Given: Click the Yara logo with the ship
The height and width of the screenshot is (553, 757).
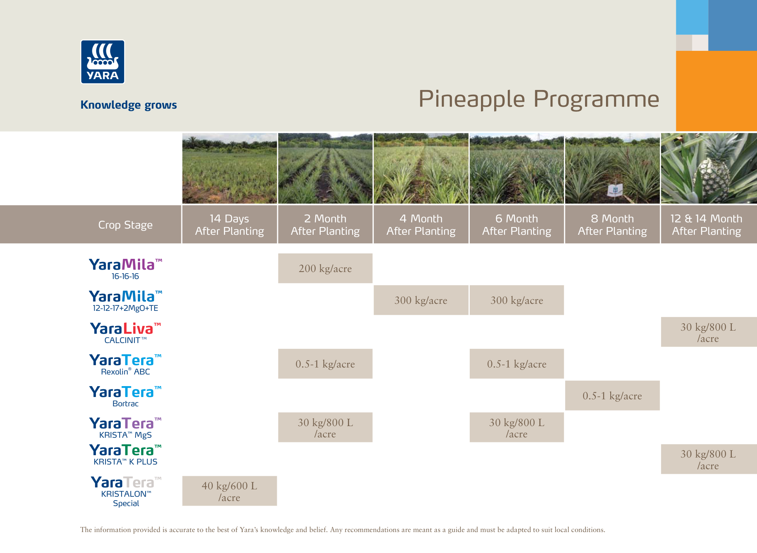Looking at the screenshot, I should (102, 62).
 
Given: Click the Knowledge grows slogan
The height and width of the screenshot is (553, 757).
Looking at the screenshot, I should (128, 105).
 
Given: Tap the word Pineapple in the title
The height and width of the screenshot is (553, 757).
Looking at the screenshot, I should (471, 99).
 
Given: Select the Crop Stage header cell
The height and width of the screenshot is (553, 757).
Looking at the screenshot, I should (125, 225).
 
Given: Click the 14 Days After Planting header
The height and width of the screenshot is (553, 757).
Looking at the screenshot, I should (229, 225).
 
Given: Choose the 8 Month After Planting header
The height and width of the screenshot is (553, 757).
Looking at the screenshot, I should (612, 225).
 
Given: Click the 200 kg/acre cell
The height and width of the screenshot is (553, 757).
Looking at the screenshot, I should (325, 269).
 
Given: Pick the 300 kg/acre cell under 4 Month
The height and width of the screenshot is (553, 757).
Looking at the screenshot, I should (421, 300).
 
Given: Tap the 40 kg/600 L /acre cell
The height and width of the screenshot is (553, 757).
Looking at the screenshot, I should (229, 491).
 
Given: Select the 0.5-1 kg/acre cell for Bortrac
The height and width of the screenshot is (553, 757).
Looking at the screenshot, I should (612, 396).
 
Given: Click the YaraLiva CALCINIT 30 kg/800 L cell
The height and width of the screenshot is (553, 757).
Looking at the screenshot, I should (708, 332).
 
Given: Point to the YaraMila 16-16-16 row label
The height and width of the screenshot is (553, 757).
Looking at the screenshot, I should (125, 269).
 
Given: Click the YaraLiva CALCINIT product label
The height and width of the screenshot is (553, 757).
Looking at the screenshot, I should (125, 333).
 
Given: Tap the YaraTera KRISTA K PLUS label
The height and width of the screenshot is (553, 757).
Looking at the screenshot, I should (125, 454).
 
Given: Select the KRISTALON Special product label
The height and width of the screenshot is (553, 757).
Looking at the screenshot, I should (126, 492).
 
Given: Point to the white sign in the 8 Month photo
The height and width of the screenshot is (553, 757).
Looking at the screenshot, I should (615, 190).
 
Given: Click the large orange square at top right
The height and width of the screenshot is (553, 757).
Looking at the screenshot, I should (716, 91).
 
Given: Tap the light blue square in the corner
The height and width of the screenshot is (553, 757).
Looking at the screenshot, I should (691, 17).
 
